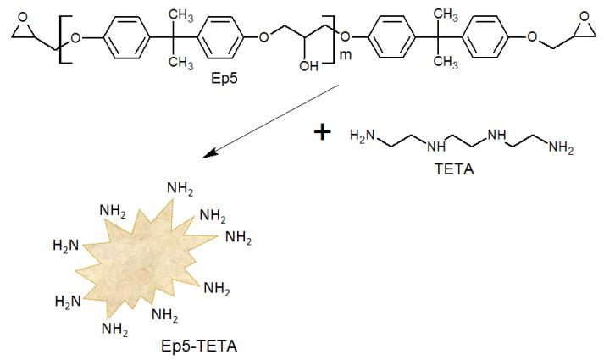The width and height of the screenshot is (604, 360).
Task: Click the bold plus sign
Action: pyautogui.click(x=322, y=134)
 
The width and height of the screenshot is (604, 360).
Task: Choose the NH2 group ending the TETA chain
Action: pyautogui.click(x=562, y=150)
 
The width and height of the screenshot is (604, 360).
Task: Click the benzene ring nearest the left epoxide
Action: pyautogui.click(x=120, y=38)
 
